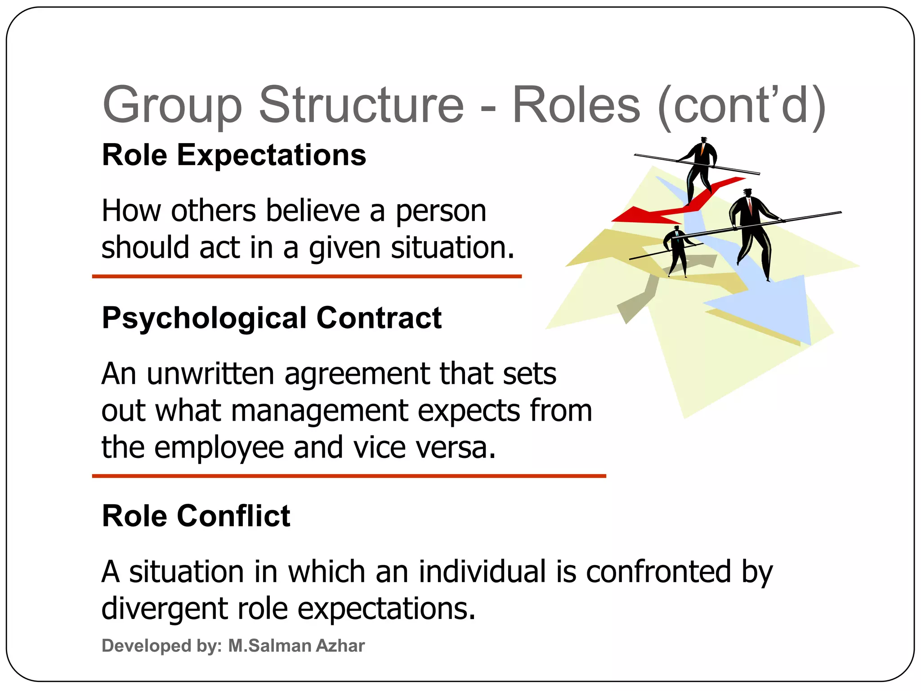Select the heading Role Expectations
pyautogui.click(x=234, y=155)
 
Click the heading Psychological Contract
pyautogui.click(x=272, y=318)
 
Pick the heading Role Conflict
pyautogui.click(x=196, y=516)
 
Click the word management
pyautogui.click(x=320, y=411)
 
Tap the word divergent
pyautogui.click(x=164, y=609)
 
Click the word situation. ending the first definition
pyautogui.click(x=452, y=248)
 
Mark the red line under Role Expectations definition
pyautogui.click(x=307, y=277)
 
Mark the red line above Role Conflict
pyautogui.click(x=349, y=476)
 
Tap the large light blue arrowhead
pyautogui.click(x=773, y=310)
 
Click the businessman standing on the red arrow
pyautogui.click(x=699, y=169)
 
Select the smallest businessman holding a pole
pyautogui.click(x=676, y=250)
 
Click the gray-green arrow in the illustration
pyautogui.click(x=639, y=301)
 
